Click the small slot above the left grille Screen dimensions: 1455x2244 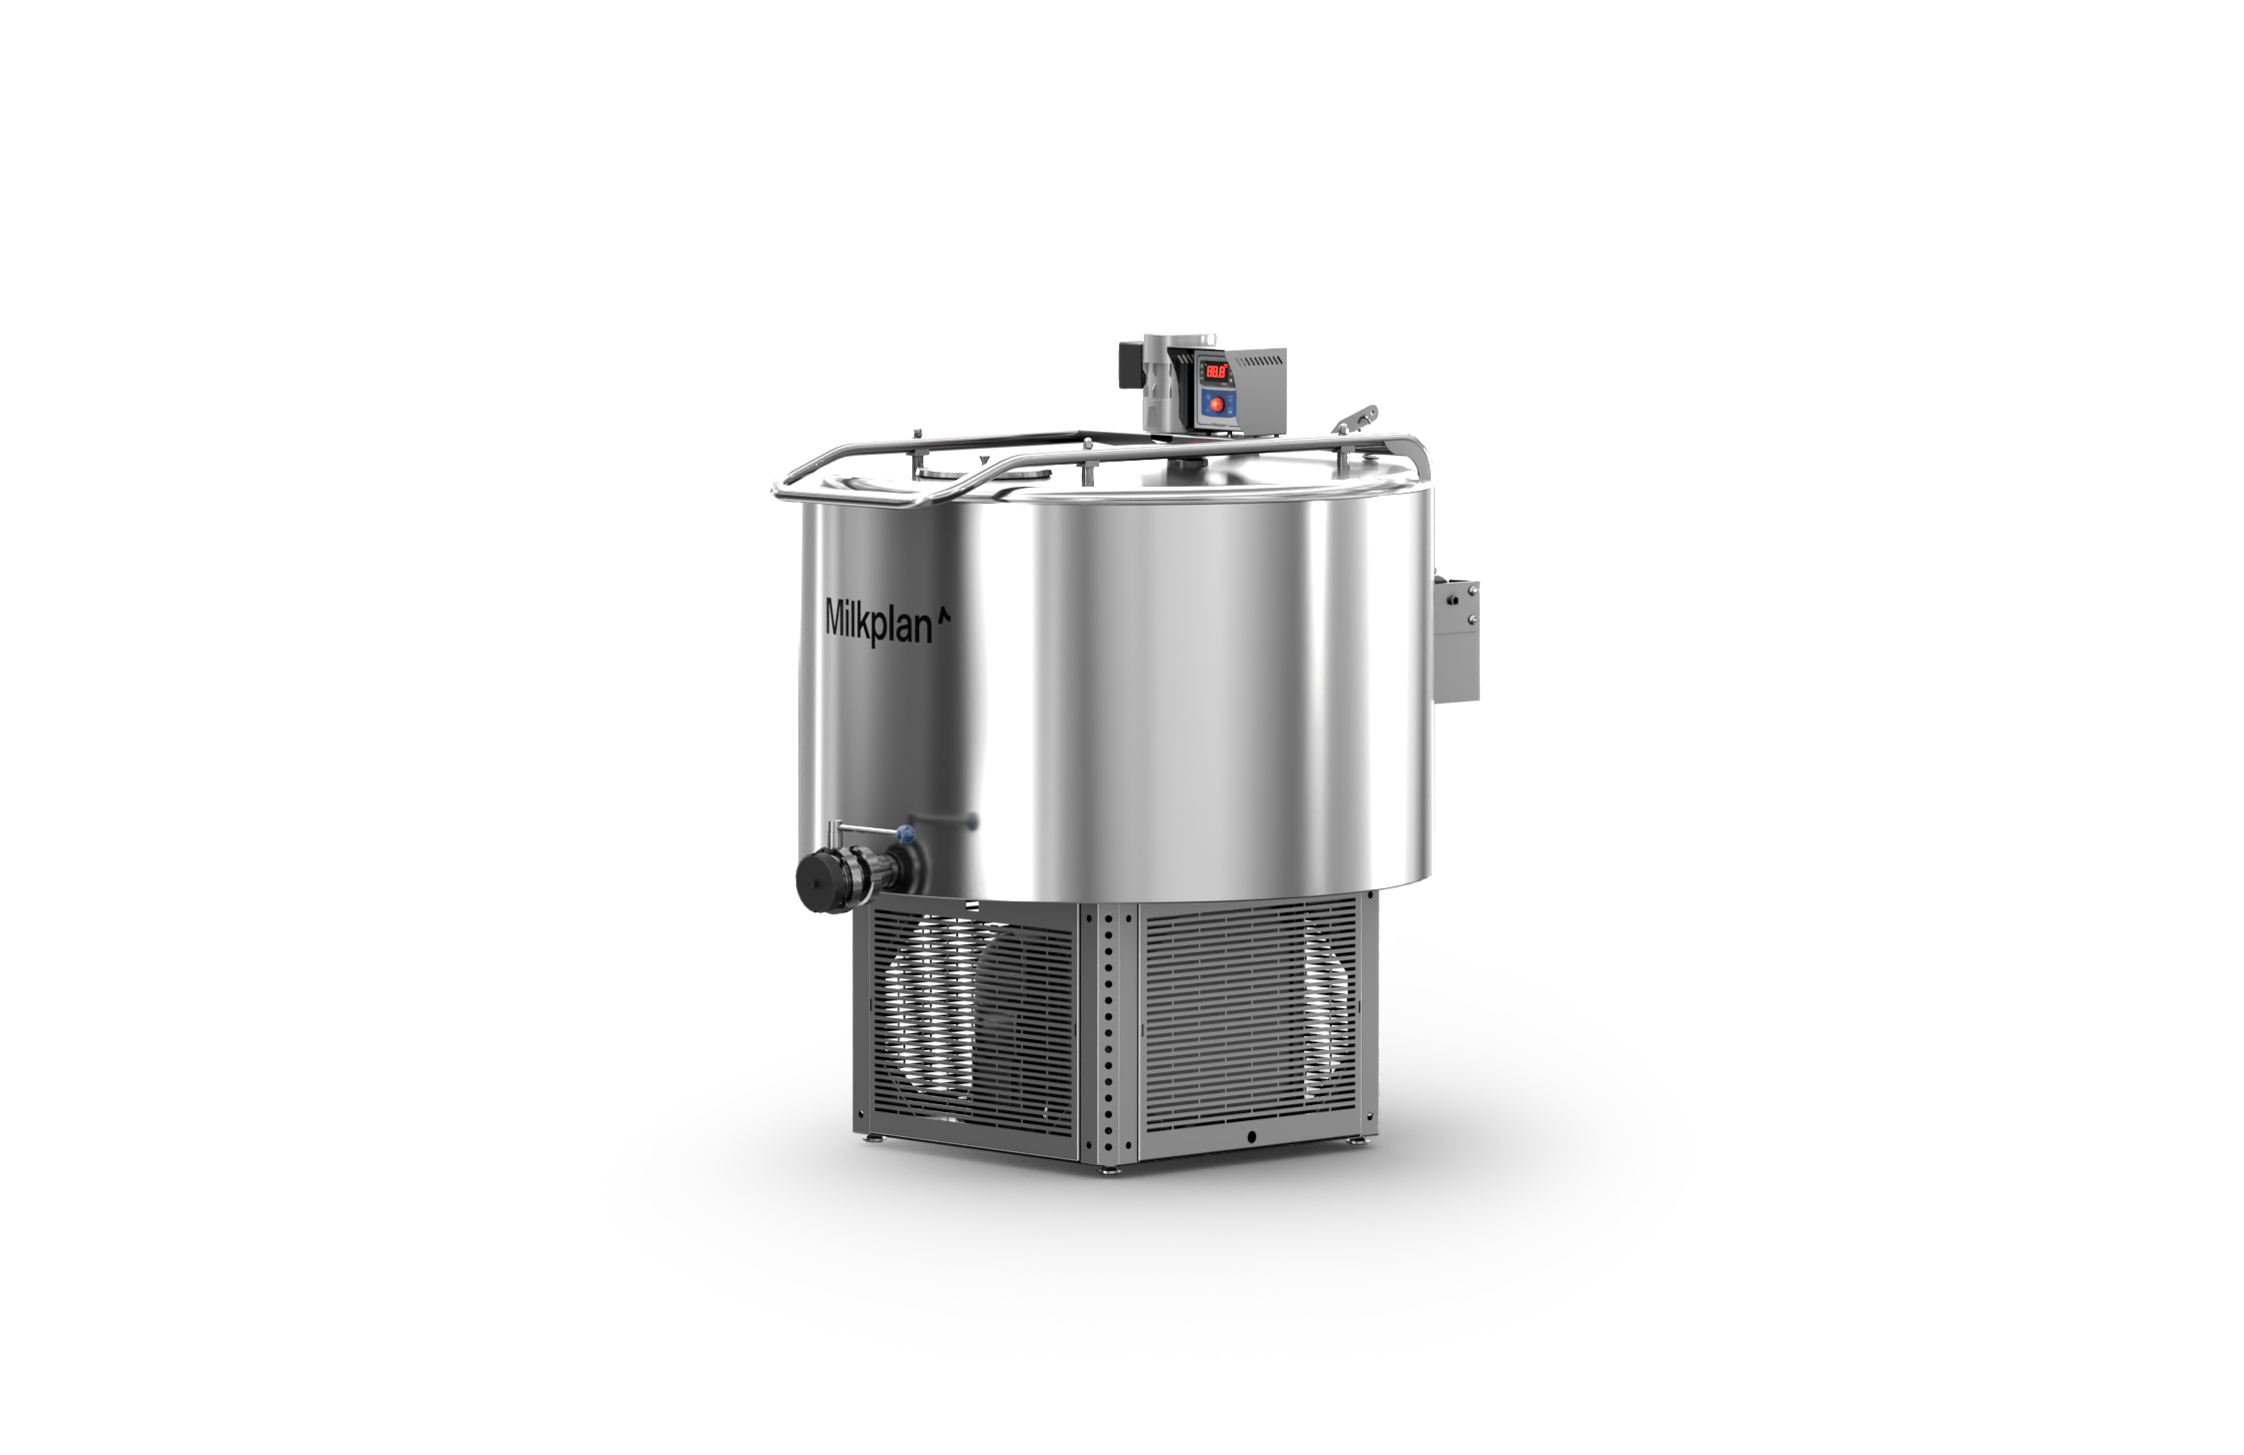tap(971, 904)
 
